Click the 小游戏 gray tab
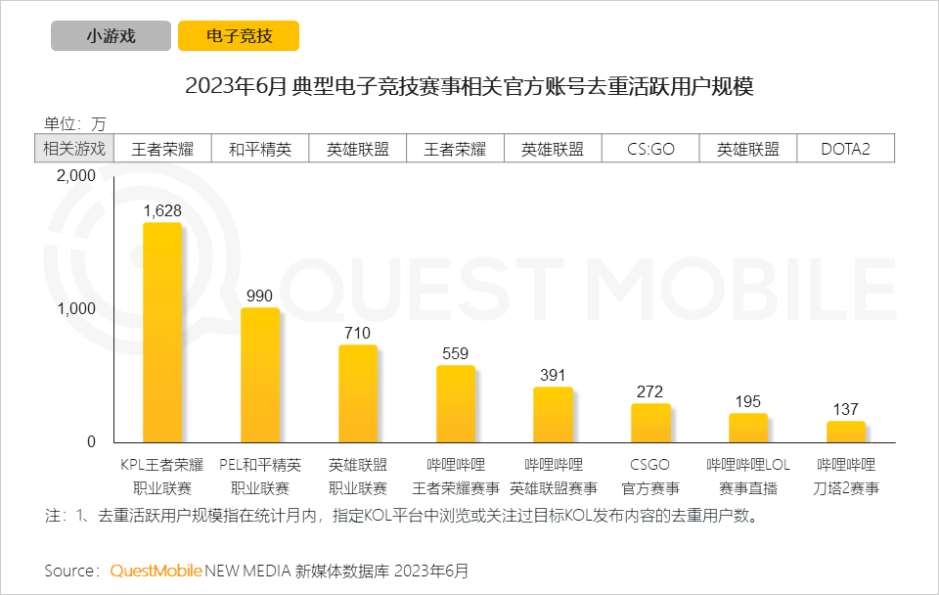[111, 36]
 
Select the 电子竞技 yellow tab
[239, 36]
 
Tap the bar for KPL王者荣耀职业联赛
[162, 333]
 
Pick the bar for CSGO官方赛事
[650, 423]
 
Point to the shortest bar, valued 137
[846, 432]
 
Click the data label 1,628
[162, 209]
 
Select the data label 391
[553, 375]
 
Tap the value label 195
[748, 401]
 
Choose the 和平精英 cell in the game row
[260, 150]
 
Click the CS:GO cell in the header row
[650, 150]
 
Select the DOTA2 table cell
[845, 150]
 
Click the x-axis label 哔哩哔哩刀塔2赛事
[846, 476]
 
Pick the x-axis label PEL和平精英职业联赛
[260, 476]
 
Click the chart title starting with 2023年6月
[469, 87]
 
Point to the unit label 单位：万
[74, 123]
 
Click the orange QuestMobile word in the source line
[156, 570]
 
